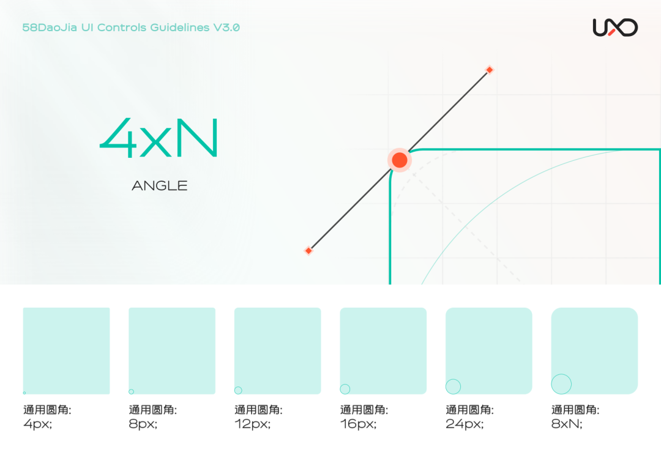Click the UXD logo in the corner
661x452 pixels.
pos(615,28)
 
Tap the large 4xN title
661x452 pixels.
pos(159,139)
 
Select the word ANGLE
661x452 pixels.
pos(159,185)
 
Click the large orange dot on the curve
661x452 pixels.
pos(400,160)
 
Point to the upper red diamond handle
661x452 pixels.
pos(489,70)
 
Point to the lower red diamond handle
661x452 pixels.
pos(308,250)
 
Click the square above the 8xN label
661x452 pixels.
pos(594,350)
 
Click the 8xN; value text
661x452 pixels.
pos(567,424)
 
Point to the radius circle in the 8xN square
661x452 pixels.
pos(561,384)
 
